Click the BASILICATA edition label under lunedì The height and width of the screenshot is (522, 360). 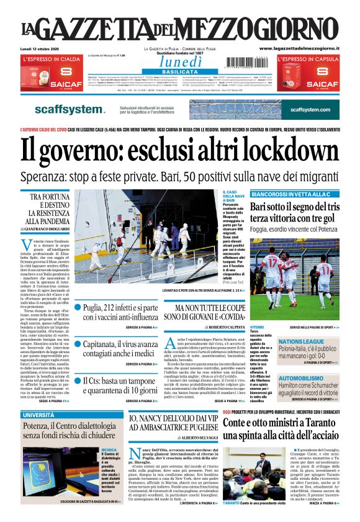coord(180,72)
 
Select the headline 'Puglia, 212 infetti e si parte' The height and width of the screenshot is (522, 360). coord(121,307)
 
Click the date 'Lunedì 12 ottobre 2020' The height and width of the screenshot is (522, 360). coord(39,48)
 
